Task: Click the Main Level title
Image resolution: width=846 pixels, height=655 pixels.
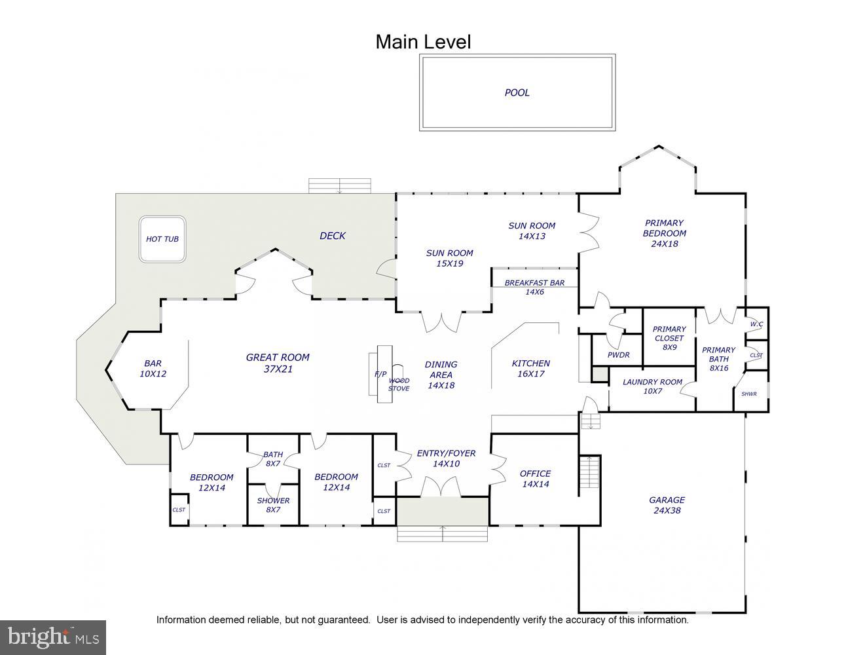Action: coord(423,42)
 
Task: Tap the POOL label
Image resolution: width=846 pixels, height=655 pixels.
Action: coord(517,92)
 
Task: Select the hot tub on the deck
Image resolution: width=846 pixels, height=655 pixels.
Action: coord(162,239)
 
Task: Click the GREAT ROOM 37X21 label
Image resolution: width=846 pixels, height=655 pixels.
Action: coord(278,363)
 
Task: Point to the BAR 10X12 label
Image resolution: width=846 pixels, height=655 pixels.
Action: coord(153,368)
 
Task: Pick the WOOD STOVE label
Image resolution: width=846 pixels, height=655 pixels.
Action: coord(399,384)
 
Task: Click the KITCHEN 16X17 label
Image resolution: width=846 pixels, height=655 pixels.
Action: coord(530,368)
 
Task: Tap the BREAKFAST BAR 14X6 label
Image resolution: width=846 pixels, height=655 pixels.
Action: coord(534,288)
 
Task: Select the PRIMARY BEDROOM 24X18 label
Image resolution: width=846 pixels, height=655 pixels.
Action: coord(664,233)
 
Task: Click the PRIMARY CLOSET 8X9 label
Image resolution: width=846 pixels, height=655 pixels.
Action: coord(669,338)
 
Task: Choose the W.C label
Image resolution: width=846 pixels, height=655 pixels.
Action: coord(756,324)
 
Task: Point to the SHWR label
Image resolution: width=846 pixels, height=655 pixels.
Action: coord(749,394)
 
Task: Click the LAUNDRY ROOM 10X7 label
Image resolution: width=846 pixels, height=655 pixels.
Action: coord(652,386)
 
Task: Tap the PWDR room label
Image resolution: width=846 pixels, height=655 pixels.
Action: coord(618,355)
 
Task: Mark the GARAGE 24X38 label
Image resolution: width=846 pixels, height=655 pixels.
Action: coord(667,505)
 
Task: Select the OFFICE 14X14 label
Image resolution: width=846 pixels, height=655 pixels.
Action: coord(536,479)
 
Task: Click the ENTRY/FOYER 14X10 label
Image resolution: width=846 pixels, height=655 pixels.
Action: coord(446,458)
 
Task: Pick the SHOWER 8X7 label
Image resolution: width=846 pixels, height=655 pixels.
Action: coord(273,505)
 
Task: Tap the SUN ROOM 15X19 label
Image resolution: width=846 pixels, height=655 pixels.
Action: coord(449,258)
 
